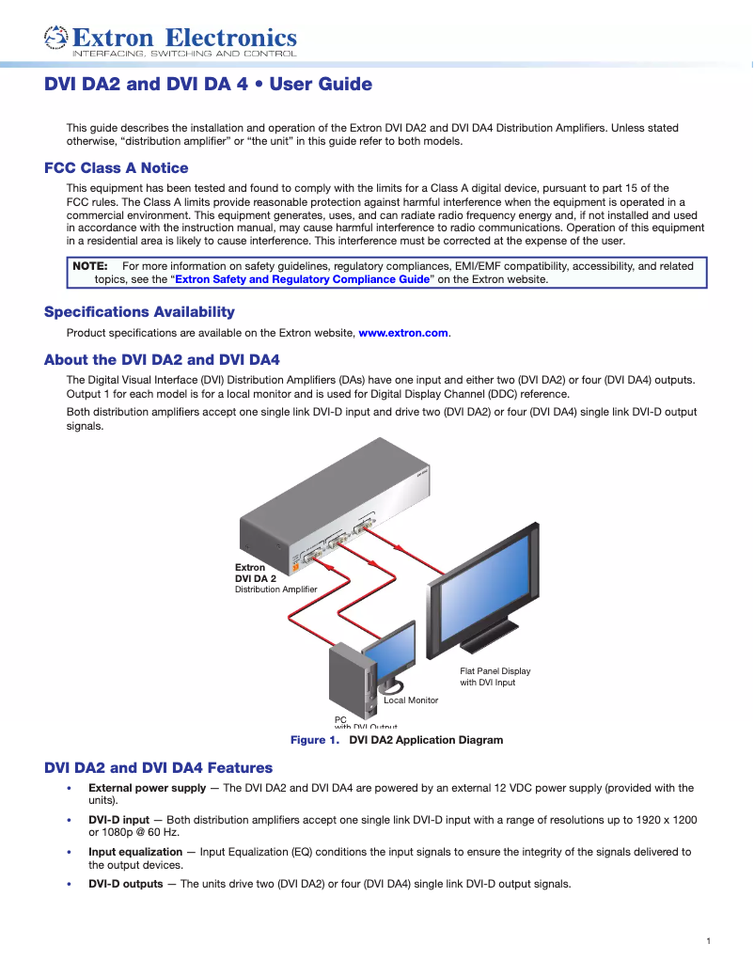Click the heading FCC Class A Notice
(x=116, y=168)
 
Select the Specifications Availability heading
(x=139, y=312)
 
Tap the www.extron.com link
(x=403, y=333)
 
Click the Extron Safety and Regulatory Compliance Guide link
(x=302, y=279)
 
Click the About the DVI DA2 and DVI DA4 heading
(x=162, y=360)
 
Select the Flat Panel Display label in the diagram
(x=495, y=671)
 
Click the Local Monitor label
(x=411, y=700)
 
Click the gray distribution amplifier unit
(x=329, y=508)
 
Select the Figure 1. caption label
(x=314, y=740)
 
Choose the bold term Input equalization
(x=135, y=852)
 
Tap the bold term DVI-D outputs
(x=125, y=884)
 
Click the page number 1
(x=708, y=941)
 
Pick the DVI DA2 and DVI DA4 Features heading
(x=158, y=768)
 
